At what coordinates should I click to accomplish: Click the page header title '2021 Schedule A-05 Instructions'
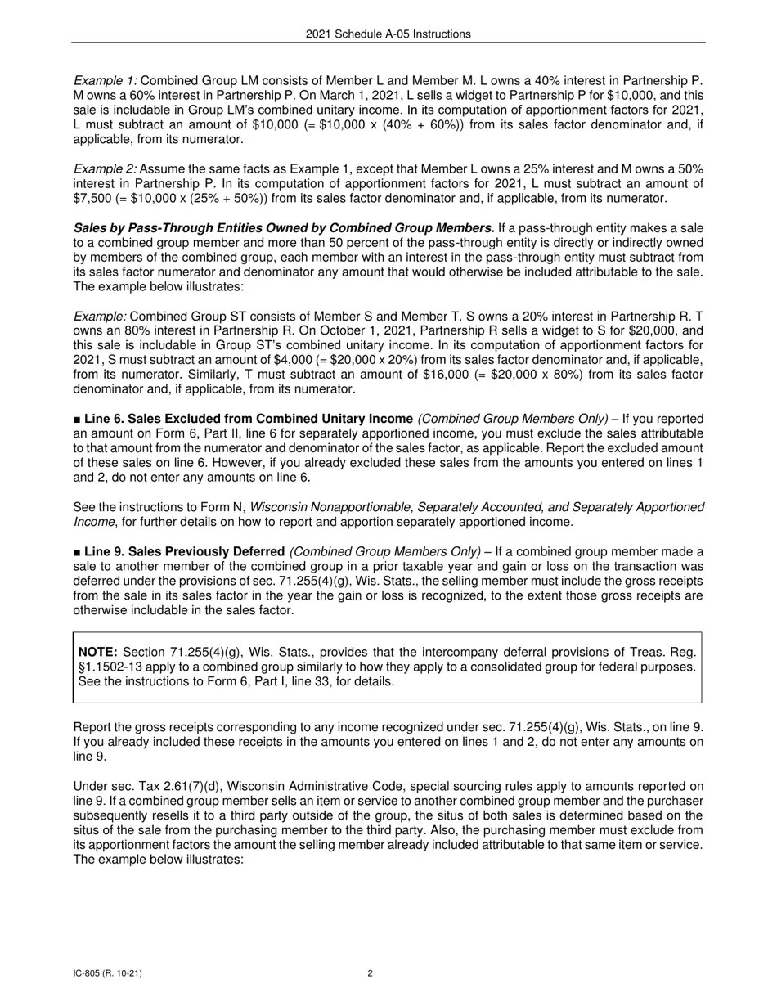point(388,34)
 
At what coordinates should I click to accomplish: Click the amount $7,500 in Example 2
point(91,199)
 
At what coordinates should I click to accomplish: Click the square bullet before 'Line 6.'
point(77,419)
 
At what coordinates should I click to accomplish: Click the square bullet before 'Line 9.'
point(77,552)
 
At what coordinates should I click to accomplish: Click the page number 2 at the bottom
point(371,973)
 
